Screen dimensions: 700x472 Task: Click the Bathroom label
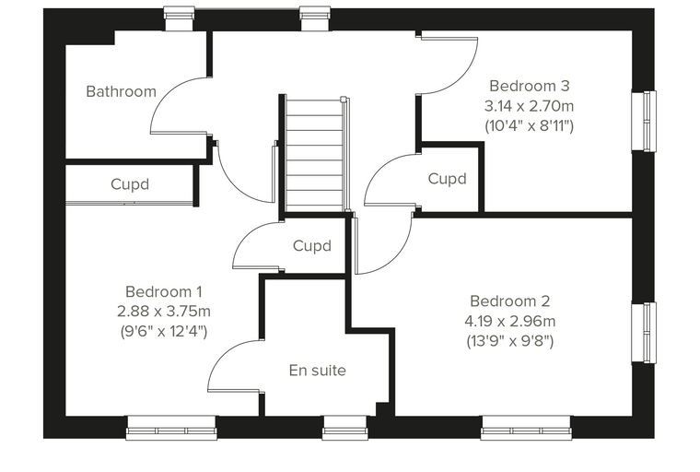(121, 91)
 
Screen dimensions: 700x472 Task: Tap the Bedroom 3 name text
(530, 86)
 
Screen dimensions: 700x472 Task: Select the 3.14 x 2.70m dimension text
(530, 106)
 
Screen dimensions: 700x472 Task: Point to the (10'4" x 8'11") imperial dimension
(530, 126)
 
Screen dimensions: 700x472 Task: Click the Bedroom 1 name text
(164, 292)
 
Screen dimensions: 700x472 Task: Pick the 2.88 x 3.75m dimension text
(164, 312)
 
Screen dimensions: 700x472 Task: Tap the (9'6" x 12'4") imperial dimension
(164, 331)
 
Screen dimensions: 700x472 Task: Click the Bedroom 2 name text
(510, 301)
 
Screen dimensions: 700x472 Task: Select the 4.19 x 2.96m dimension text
(510, 322)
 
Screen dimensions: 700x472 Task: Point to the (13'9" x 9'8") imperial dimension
(510, 341)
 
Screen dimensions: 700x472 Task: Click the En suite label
(318, 371)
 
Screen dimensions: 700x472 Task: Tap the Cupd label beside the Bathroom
(130, 184)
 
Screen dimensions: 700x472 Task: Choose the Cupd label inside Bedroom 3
(448, 179)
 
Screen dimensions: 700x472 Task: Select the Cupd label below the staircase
(312, 246)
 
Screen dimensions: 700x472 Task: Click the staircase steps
(315, 155)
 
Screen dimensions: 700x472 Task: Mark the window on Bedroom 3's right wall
(644, 122)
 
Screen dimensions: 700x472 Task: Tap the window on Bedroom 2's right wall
(644, 333)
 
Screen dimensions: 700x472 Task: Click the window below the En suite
(345, 427)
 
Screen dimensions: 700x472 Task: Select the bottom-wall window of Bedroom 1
(172, 428)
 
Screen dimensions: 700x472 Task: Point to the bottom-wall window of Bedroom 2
(526, 428)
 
